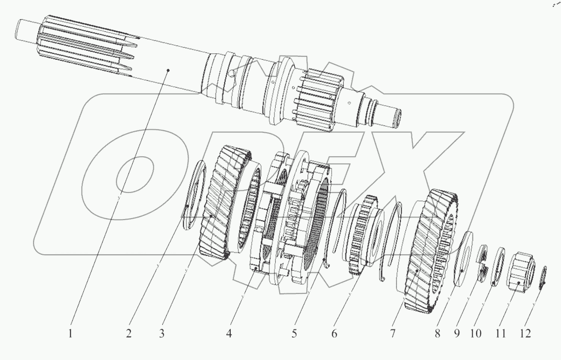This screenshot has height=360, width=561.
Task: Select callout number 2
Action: [129, 334]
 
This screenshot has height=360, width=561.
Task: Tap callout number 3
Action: [162, 334]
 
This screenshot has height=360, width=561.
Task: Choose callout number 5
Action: [295, 334]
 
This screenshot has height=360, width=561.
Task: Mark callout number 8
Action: [437, 334]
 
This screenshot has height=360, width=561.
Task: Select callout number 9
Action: [456, 334]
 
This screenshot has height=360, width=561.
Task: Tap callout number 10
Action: [476, 334]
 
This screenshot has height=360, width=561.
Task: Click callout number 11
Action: [500, 334]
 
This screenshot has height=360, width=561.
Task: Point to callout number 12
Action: [525, 334]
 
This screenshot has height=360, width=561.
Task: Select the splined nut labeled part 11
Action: [521, 272]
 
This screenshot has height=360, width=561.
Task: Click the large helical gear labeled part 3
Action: [223, 202]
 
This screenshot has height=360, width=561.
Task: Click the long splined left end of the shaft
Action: [86, 47]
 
